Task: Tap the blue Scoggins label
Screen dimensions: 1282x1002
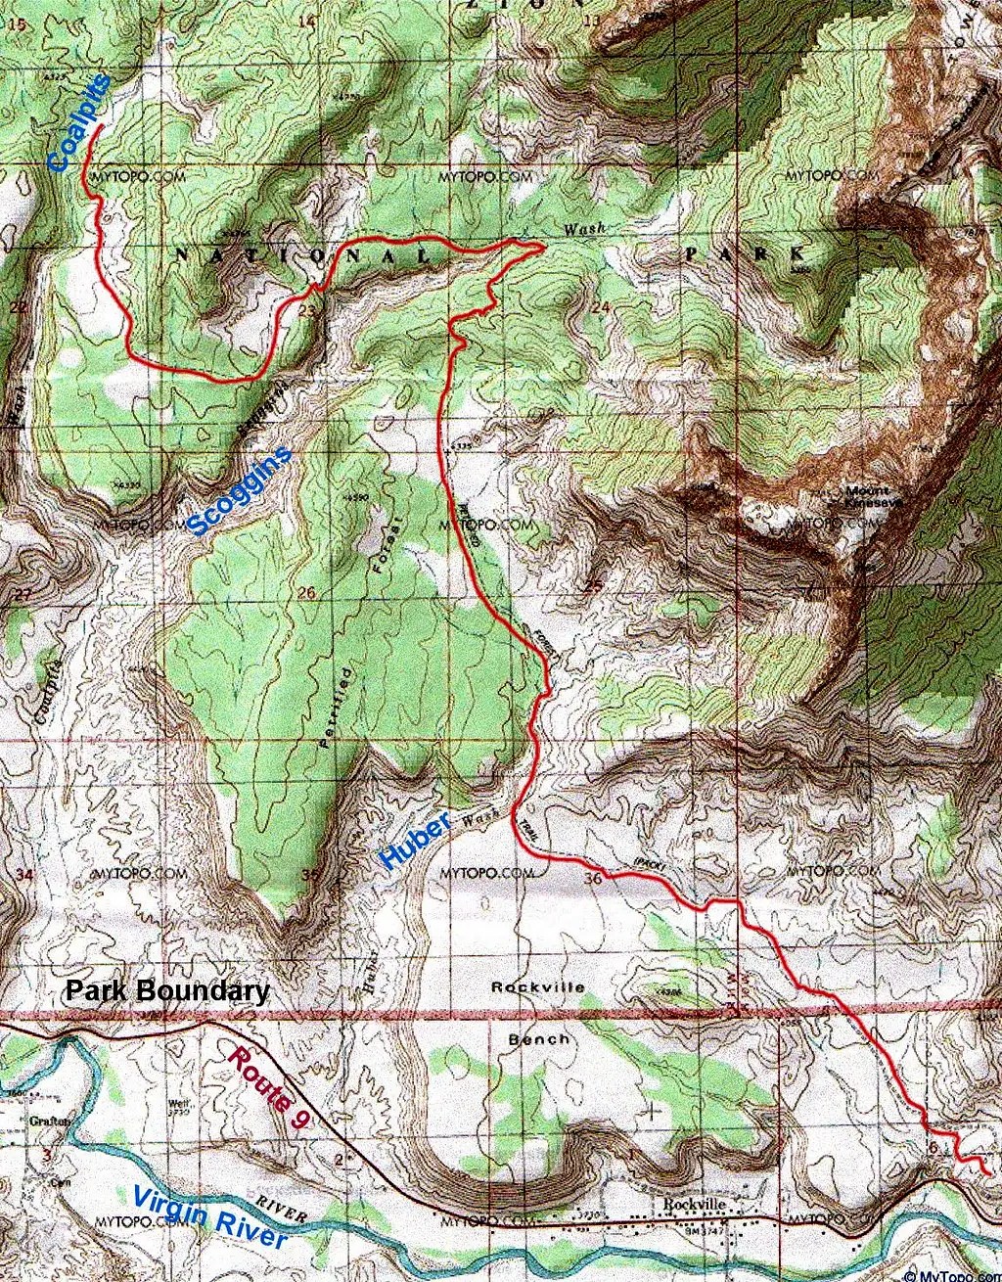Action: (239, 490)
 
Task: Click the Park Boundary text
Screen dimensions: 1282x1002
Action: (167, 990)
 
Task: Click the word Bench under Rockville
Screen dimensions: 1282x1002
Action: (539, 1038)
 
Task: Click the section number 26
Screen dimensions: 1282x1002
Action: (306, 593)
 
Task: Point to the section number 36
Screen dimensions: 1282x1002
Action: (593, 879)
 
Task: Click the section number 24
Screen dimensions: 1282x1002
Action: (600, 308)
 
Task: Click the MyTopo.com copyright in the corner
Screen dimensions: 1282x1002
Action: (952, 1274)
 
